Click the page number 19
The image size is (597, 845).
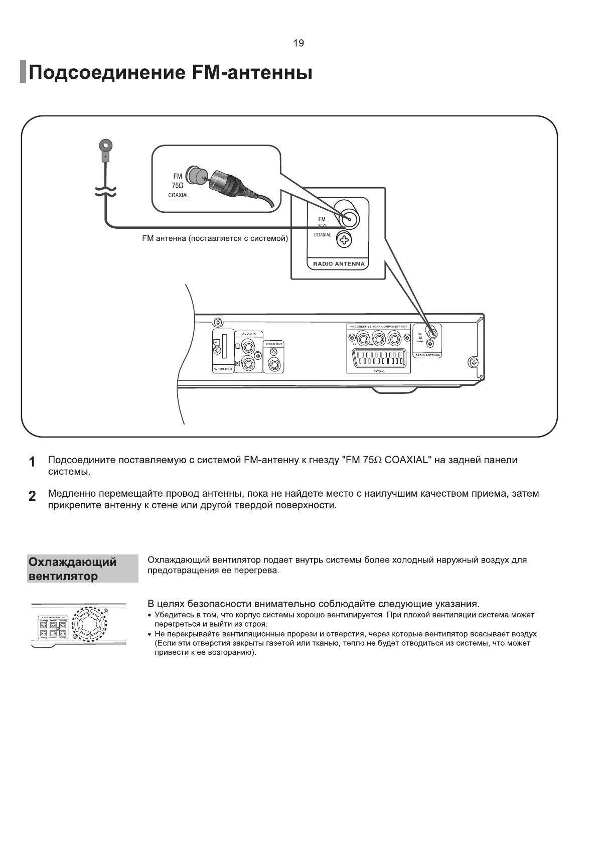coord(298,43)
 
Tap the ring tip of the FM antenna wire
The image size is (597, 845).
coord(105,146)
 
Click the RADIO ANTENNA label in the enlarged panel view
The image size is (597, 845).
coord(339,264)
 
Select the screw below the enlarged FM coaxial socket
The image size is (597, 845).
coord(344,240)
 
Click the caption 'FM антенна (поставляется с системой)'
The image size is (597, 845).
coord(215,238)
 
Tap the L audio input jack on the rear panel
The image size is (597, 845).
coord(248,346)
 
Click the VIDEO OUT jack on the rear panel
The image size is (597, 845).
coord(274,364)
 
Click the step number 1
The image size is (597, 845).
coord(32,462)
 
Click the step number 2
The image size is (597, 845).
coord(32,496)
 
